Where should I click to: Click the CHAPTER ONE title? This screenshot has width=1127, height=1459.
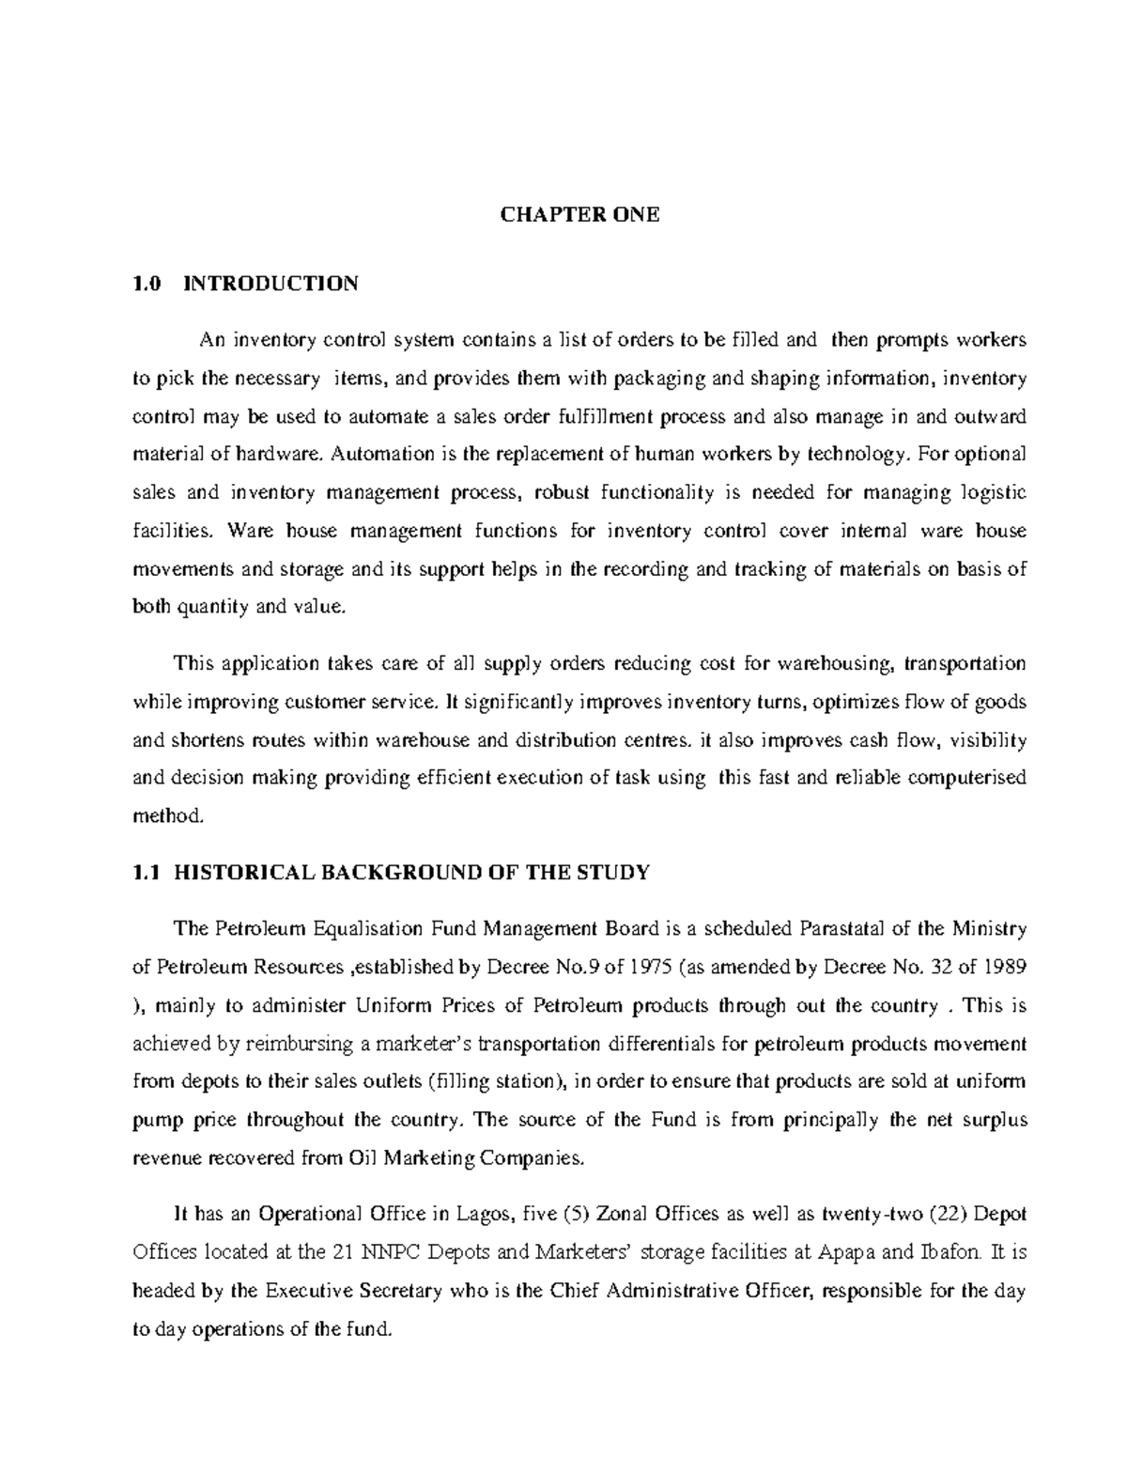(579, 214)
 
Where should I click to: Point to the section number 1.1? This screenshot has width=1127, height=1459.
(144, 873)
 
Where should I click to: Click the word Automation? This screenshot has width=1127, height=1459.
(383, 455)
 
